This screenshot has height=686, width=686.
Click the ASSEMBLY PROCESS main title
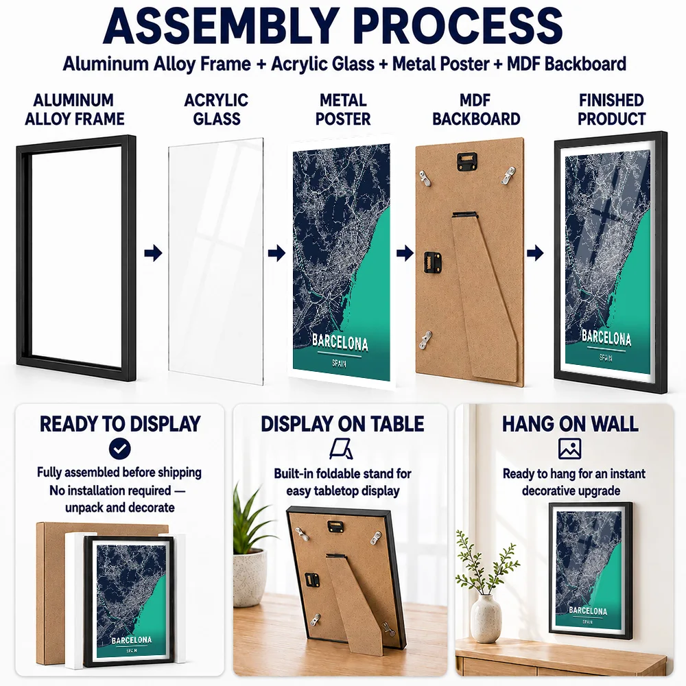coord(333,26)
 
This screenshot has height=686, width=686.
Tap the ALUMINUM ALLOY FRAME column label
coord(74,109)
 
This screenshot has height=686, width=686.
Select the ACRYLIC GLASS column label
coord(217,109)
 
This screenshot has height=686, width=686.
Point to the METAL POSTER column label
coord(343,109)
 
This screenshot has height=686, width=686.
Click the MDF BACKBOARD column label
coord(476,109)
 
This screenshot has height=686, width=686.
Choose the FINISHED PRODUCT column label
coord(612,109)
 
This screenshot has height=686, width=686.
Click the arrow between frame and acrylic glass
coord(153,253)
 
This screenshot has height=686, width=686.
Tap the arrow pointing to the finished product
coord(535,253)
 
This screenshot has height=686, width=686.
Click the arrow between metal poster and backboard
coord(405,253)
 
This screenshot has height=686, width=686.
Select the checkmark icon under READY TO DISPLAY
coord(120,449)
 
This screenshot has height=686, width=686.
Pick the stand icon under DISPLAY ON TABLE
coord(341,449)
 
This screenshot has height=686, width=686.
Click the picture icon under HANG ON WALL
coord(569,449)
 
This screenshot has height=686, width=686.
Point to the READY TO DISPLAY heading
coord(120,424)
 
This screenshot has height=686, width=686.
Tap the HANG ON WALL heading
coord(570,424)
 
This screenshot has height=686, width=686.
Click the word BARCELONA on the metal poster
coord(340,342)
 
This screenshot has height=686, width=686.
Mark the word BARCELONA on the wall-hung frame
coord(588,611)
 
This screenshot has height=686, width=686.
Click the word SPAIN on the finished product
coord(606,358)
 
